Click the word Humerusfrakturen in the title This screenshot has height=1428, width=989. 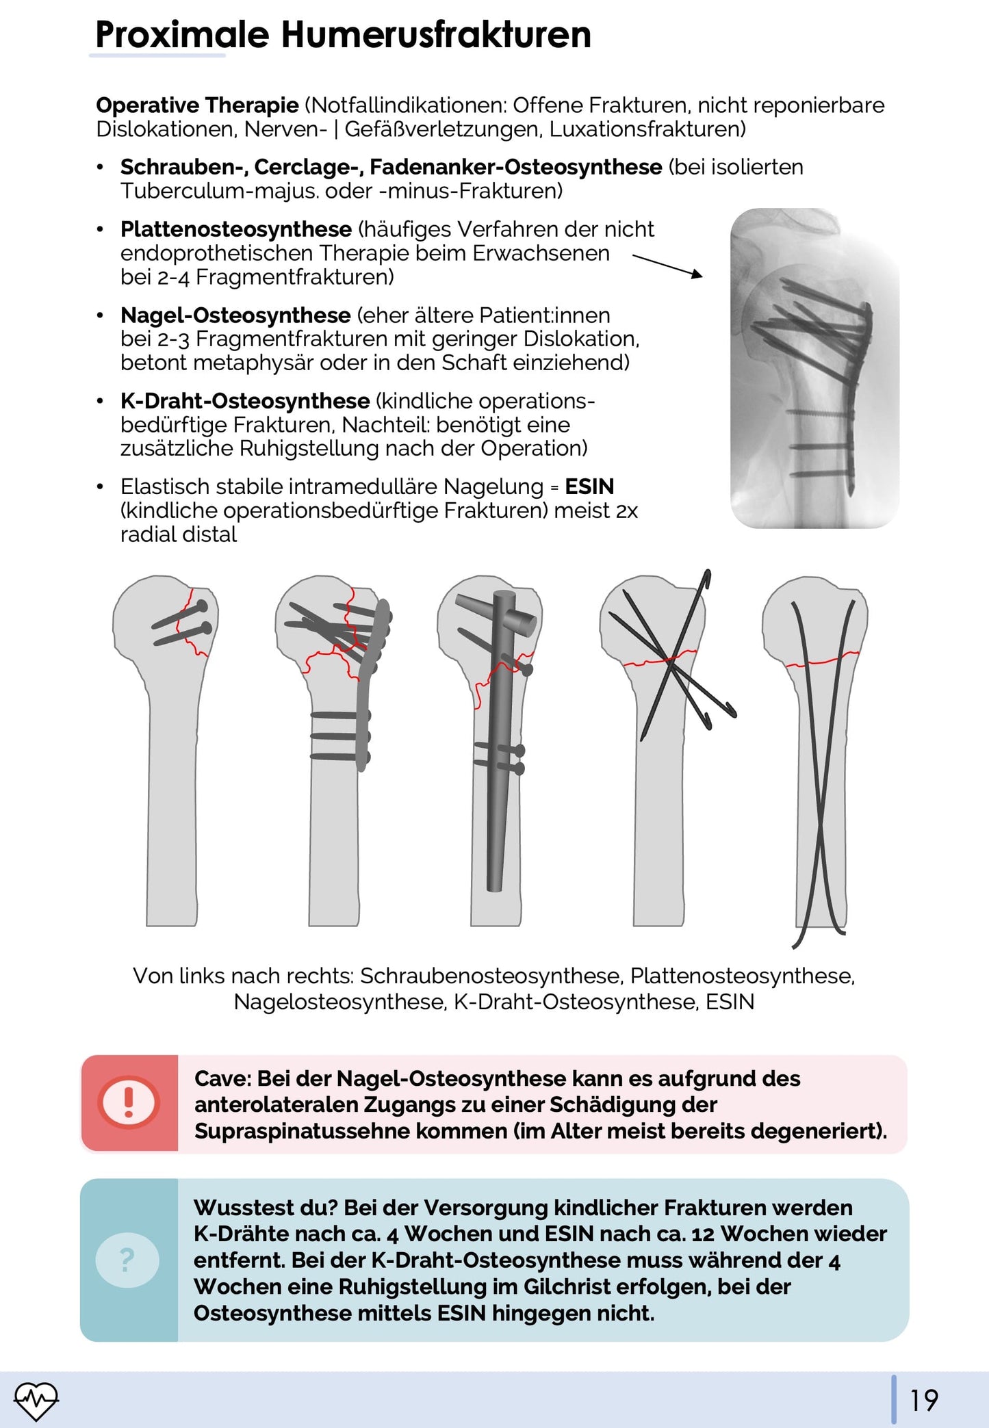coord(436,36)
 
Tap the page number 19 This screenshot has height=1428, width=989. coord(923,1400)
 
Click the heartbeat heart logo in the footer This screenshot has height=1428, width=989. coord(36,1400)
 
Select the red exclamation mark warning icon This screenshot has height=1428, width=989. coord(129,1102)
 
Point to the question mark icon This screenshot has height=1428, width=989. coord(127,1260)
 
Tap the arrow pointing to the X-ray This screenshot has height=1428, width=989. coord(667,265)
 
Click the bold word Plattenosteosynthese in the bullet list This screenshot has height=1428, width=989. coord(236,229)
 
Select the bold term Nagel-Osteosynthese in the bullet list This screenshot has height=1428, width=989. coord(235,315)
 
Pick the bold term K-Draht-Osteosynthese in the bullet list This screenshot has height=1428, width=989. coord(245,401)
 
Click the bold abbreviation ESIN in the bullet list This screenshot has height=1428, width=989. coord(589,486)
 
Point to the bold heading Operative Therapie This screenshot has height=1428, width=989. coord(197,105)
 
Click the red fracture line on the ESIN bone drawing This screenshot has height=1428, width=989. coord(821,661)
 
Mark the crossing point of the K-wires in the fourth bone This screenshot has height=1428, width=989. coord(670,661)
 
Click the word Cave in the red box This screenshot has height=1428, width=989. coord(222,1078)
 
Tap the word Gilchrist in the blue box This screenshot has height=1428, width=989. coord(567,1286)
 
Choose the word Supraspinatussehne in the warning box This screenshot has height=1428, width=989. coord(302,1130)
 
